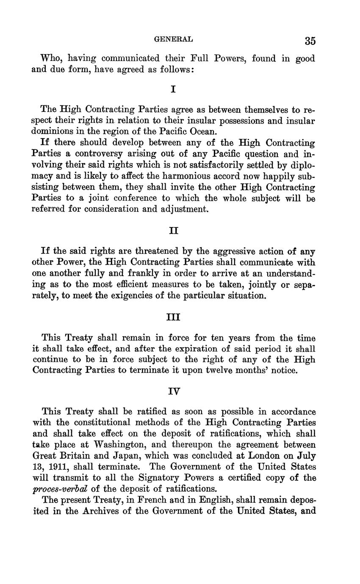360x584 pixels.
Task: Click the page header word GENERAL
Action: (173, 39)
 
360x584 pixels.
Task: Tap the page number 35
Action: (310, 41)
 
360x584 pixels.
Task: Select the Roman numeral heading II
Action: (174, 231)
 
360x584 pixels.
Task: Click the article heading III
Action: (174, 317)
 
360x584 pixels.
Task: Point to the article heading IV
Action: (174, 392)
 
